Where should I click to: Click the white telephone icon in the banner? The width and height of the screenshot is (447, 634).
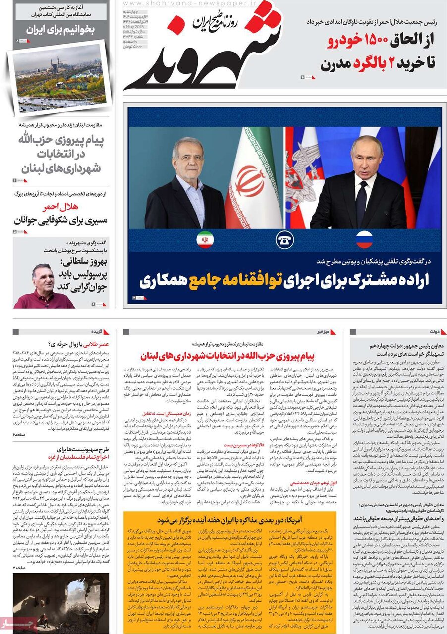pos(284,240)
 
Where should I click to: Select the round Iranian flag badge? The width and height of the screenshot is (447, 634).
pos(205,240)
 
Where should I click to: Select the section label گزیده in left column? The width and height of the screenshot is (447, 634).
pos(97,331)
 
